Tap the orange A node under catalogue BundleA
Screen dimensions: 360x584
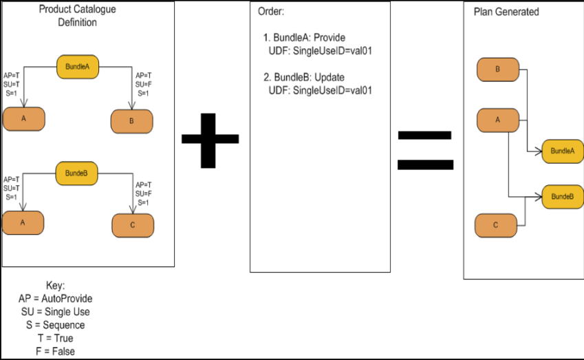(23, 119)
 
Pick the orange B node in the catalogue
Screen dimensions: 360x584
(132, 121)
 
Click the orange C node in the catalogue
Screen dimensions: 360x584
(133, 226)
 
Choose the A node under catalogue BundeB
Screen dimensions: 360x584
(23, 222)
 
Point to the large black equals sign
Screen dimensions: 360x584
(426, 149)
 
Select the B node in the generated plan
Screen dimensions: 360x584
(497, 70)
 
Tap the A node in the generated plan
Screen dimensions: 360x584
(497, 120)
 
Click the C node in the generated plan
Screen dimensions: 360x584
(496, 225)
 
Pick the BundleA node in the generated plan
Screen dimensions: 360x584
(563, 151)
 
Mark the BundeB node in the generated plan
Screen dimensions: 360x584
(563, 197)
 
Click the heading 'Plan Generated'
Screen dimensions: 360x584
(506, 12)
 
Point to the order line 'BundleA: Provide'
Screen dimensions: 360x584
(304, 38)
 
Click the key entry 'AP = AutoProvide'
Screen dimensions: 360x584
(55, 299)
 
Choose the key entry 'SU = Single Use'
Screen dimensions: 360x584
(55, 312)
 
